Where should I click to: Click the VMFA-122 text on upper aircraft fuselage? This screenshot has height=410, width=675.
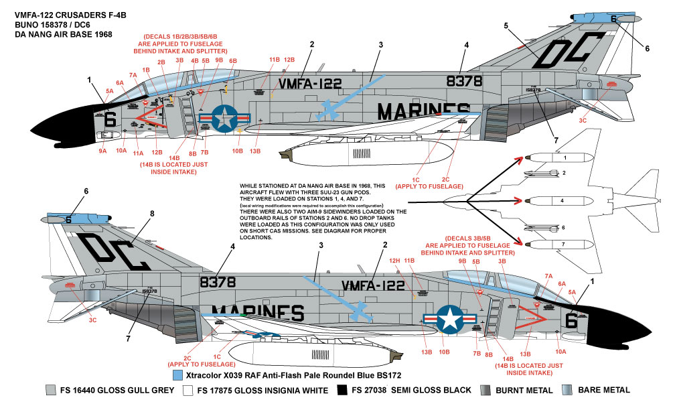310,84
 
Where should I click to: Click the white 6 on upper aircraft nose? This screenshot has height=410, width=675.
111,119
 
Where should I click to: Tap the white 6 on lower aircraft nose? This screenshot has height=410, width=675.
571,321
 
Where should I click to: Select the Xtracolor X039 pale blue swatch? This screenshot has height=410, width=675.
178,375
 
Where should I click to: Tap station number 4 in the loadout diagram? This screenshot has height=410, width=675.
562,200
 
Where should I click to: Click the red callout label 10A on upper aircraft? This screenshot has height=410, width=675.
121,150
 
